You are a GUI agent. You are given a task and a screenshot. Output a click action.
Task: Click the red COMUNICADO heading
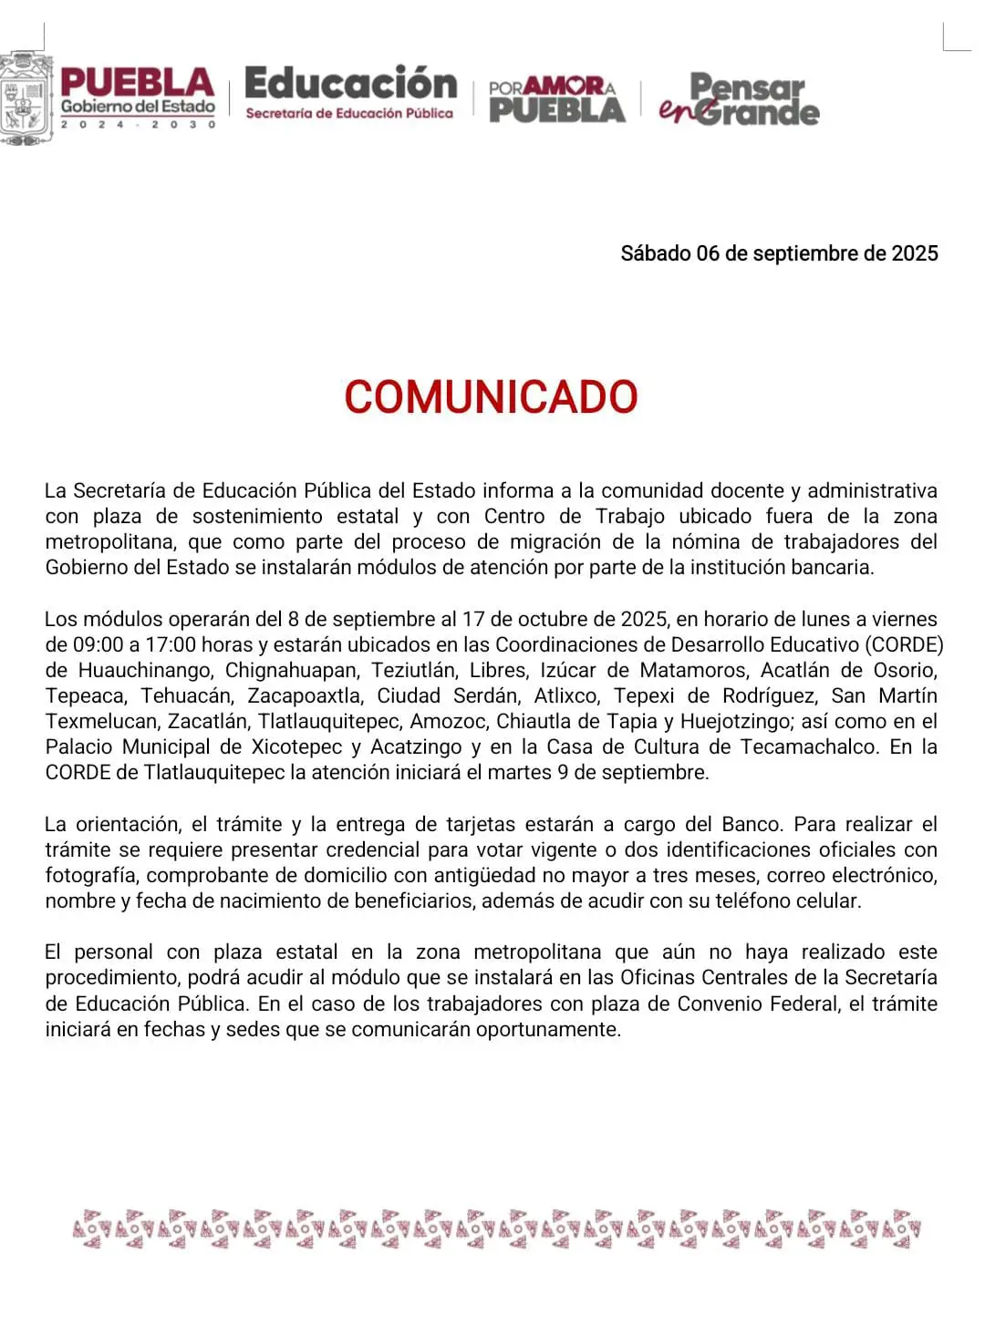[491, 397]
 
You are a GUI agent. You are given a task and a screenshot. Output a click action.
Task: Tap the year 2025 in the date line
[914, 253]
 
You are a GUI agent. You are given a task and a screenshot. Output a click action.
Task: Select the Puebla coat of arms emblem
[26, 98]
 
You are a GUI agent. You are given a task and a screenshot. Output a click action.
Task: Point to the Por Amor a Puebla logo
[556, 99]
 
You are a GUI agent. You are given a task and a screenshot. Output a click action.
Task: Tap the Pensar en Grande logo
[740, 99]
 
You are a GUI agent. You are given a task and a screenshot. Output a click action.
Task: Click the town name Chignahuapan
[291, 671]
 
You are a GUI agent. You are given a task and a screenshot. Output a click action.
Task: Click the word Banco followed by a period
[752, 825]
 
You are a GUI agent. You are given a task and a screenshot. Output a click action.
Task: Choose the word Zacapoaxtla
[304, 696]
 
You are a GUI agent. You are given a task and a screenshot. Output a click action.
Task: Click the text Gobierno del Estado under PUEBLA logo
[138, 107]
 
